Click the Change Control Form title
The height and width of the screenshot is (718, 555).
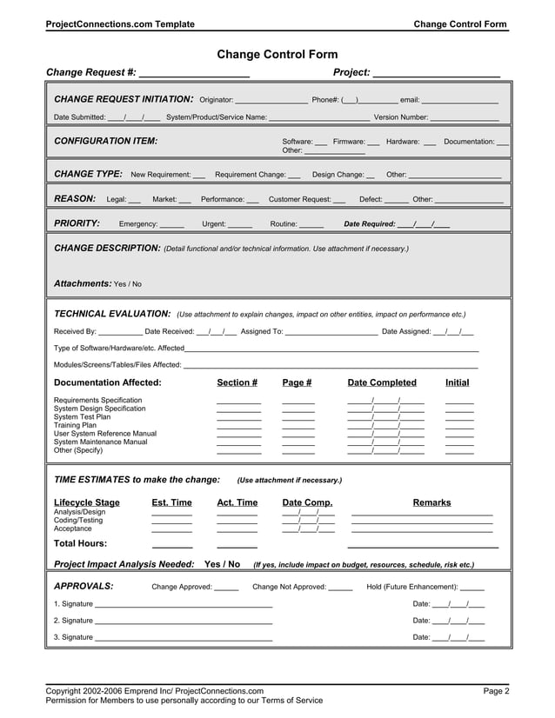click(x=277, y=55)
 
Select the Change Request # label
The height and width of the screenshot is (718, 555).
click(x=90, y=72)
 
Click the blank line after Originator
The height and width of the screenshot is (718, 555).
click(x=271, y=99)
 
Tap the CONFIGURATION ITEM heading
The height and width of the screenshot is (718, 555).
click(x=106, y=141)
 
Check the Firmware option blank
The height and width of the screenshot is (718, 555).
click(x=373, y=141)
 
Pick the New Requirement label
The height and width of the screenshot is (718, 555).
click(x=160, y=175)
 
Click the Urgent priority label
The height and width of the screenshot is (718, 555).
click(x=214, y=224)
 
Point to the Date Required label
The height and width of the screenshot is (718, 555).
click(x=370, y=224)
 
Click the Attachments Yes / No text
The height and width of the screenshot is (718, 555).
click(x=97, y=283)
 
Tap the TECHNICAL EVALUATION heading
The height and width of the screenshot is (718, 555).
click(x=112, y=314)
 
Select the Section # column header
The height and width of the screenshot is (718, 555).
click(x=237, y=382)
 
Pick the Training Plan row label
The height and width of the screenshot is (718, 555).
click(x=75, y=425)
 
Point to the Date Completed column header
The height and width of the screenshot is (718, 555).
click(x=382, y=382)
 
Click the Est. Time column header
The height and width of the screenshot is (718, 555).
click(x=171, y=502)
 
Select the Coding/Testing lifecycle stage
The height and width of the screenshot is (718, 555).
click(x=78, y=520)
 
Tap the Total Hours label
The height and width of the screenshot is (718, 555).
click(x=85, y=543)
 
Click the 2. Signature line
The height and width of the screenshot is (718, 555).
click(x=184, y=621)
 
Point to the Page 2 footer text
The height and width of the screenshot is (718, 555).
click(x=496, y=691)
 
